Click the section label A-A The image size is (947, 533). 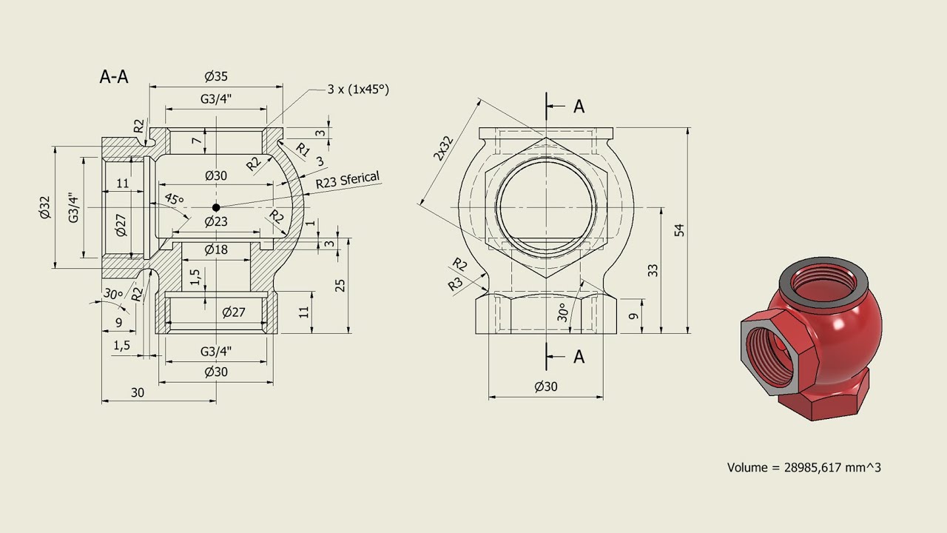click(x=114, y=77)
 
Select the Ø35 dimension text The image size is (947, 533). click(x=216, y=76)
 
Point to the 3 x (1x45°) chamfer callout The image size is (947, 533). click(x=358, y=89)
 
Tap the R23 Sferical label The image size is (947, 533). click(x=348, y=180)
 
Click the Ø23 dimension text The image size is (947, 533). click(x=216, y=221)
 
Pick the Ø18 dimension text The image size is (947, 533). click(x=216, y=249)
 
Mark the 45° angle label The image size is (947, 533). click(x=174, y=200)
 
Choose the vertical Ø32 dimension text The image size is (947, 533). click(x=44, y=208)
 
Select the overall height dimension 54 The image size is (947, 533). click(x=679, y=229)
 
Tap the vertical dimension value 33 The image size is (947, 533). click(x=653, y=270)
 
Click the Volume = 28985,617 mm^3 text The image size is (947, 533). click(x=804, y=467)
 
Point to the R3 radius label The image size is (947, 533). click(x=455, y=284)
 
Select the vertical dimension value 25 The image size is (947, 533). click(x=340, y=285)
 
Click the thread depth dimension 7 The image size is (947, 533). click(x=195, y=141)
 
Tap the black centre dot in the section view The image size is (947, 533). click(x=216, y=207)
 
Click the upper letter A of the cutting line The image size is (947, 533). click(x=579, y=107)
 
